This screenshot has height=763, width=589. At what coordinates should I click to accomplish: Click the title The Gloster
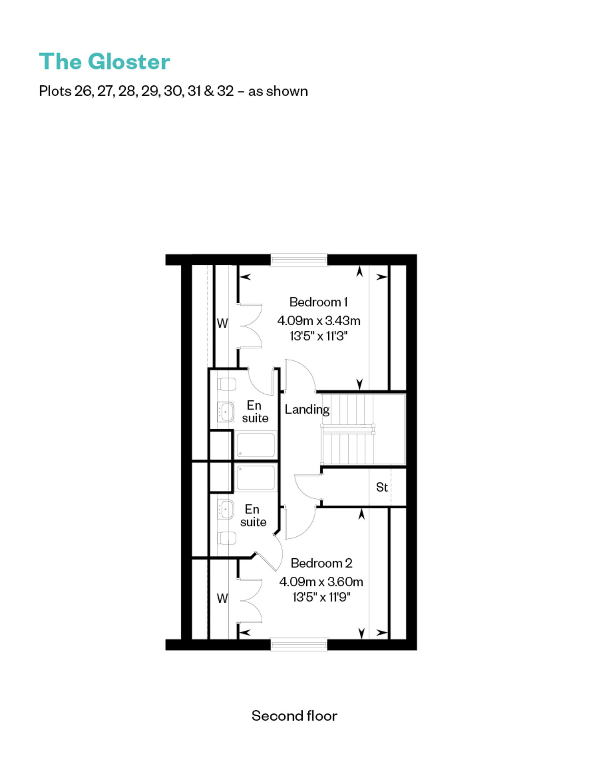[x=104, y=62]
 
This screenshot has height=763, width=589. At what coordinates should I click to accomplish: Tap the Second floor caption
[x=294, y=715]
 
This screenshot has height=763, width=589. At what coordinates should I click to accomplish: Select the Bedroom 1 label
[x=318, y=302]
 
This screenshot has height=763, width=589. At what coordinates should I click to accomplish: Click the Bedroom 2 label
[x=321, y=563]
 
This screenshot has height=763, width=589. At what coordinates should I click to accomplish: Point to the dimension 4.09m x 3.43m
[x=319, y=321]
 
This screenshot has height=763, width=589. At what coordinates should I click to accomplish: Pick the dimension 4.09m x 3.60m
[x=321, y=581]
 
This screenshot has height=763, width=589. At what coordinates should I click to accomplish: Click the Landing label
[x=307, y=409]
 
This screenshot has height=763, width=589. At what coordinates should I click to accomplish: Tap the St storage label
[x=382, y=487]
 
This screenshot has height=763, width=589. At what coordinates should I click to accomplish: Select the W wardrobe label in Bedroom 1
[x=222, y=323]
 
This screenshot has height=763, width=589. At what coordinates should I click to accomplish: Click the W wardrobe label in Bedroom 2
[x=222, y=598]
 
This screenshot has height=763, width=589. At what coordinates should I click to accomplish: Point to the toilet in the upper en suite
[x=227, y=384]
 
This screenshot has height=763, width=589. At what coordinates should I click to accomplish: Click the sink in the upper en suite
[x=226, y=412]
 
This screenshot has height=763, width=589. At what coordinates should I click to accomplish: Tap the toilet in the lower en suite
[x=227, y=538]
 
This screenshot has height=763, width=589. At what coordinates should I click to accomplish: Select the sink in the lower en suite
[x=226, y=509]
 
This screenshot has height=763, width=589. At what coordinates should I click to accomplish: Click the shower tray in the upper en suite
[x=256, y=445]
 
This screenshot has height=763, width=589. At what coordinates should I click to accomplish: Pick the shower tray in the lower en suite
[x=256, y=478]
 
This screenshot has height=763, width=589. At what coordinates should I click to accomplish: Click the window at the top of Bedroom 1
[x=299, y=260]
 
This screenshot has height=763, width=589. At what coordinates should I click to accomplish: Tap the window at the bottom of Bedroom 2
[x=299, y=644]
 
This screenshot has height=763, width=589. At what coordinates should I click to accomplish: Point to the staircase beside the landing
[x=363, y=429]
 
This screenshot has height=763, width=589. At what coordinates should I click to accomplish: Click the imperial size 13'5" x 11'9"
[x=321, y=597]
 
